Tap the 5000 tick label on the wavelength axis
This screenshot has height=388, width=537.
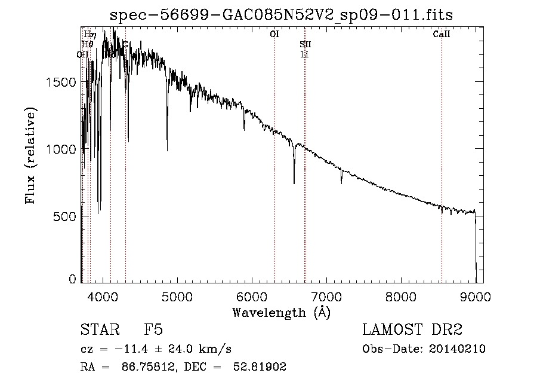177,296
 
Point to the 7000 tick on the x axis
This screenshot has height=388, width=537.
326,296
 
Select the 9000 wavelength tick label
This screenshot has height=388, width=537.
475,296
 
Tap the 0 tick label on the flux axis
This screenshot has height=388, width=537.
73,279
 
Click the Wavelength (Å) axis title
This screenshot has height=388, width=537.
282,312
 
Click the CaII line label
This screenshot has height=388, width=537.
442,35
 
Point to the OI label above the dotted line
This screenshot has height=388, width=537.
274,35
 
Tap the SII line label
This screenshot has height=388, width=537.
305,45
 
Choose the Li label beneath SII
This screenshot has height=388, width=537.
304,54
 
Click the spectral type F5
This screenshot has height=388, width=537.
153,331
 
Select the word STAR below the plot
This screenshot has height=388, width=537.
96,331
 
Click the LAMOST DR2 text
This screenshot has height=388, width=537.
412,331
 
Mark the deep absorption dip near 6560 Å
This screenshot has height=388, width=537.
294,179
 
